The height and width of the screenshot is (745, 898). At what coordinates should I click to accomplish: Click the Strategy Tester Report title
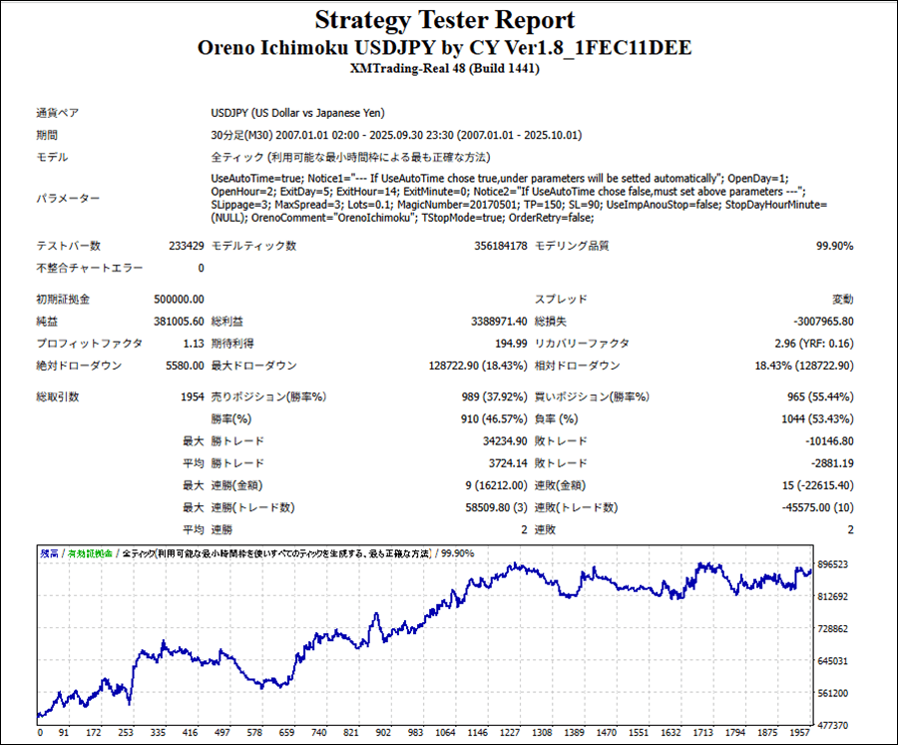(x=445, y=20)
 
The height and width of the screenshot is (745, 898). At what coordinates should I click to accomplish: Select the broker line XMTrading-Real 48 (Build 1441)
(x=445, y=69)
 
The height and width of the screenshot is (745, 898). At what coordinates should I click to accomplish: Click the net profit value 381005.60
(x=178, y=321)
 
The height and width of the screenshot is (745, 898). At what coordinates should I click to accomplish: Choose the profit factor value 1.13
(x=193, y=344)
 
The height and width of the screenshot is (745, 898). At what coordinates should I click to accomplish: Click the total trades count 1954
(x=192, y=396)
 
